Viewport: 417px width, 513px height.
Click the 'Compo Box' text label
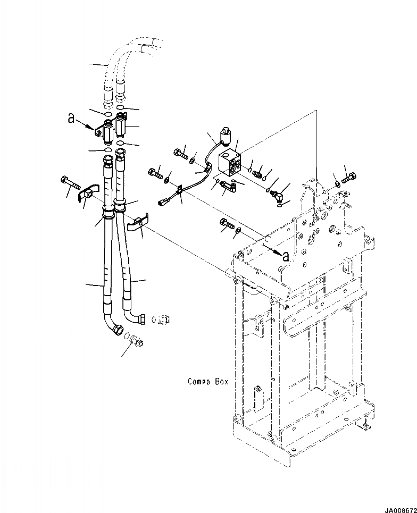[208, 382]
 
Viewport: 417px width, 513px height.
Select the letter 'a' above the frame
[286, 256]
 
